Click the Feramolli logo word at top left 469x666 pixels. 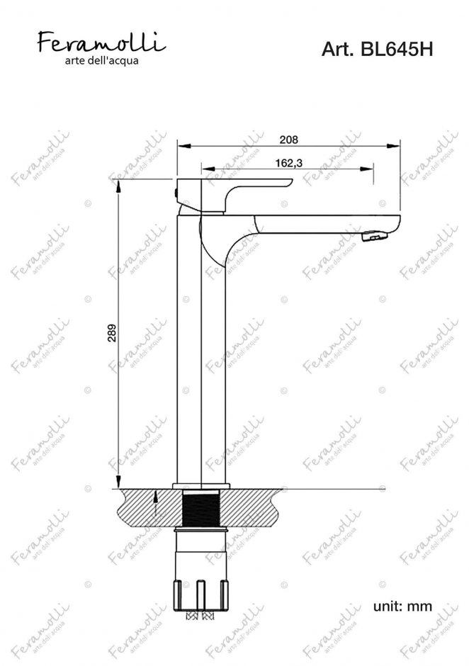(101, 42)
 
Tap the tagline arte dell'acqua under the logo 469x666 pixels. (101, 61)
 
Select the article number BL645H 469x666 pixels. (396, 50)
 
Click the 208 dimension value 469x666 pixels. (289, 140)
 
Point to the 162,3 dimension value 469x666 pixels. (289, 163)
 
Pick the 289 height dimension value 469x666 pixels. (112, 334)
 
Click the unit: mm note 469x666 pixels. (402, 606)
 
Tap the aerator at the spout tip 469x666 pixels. (374, 236)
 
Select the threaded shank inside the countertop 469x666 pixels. (201, 509)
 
